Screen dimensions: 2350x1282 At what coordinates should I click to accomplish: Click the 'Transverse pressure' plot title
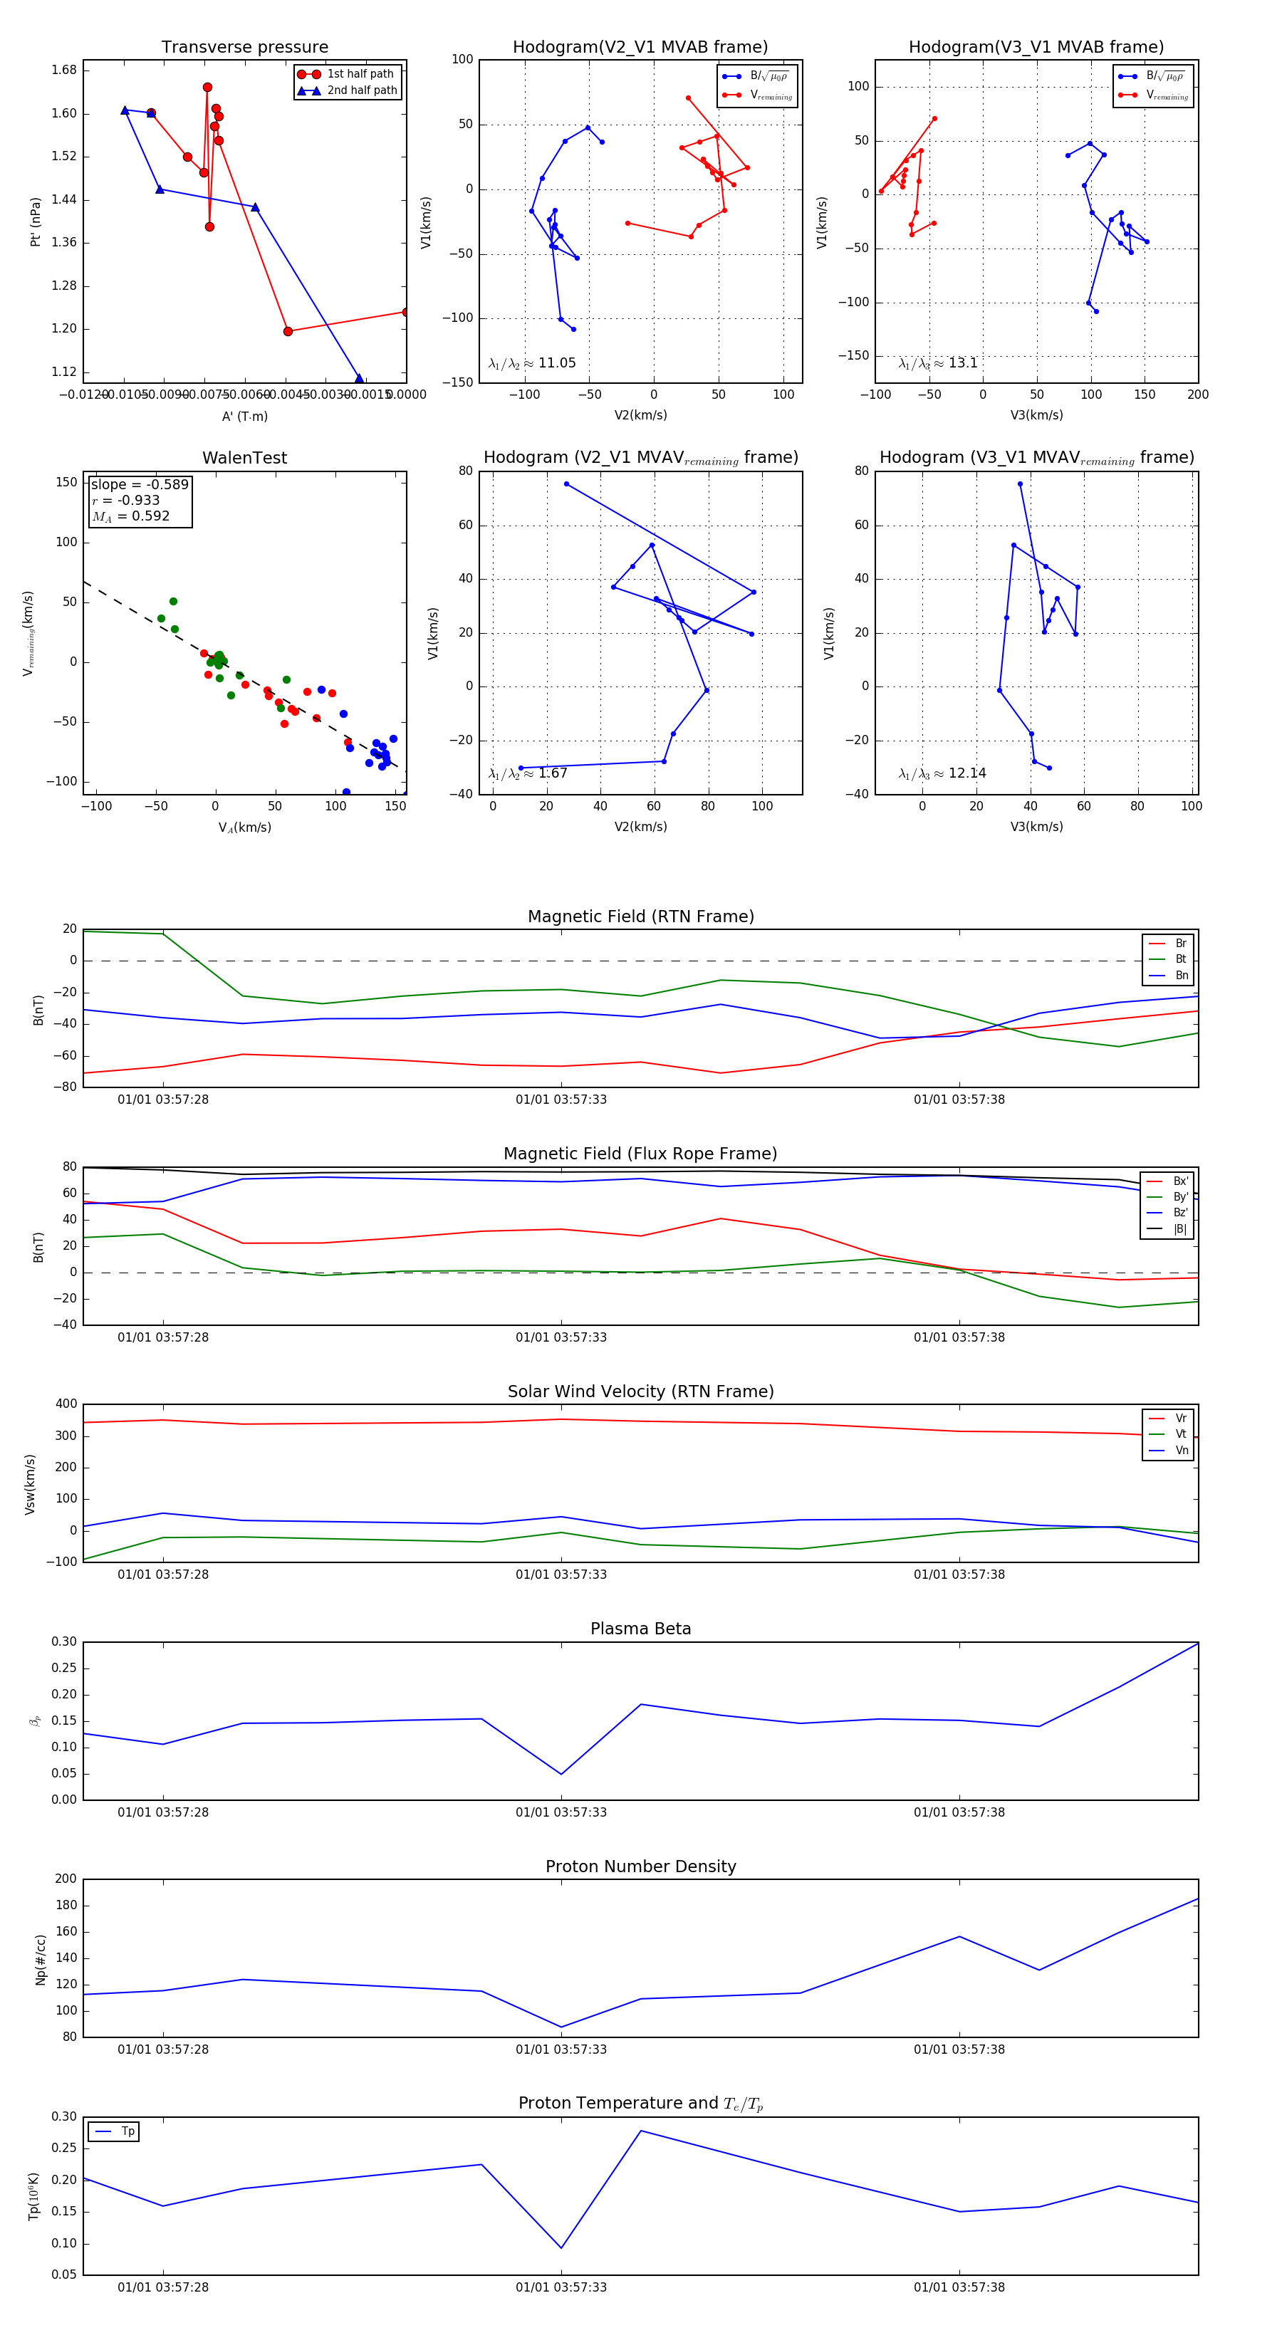pyautogui.click(x=244, y=48)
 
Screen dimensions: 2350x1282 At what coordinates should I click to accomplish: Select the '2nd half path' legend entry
pyautogui.click(x=361, y=90)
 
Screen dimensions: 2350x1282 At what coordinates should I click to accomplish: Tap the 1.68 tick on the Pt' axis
pyautogui.click(x=64, y=70)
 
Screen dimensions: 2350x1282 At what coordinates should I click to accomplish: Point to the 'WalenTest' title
pyautogui.click(x=244, y=458)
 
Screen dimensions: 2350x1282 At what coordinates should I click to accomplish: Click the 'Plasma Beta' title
pyautogui.click(x=640, y=1629)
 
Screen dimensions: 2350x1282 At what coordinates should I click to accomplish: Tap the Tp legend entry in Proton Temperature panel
pyautogui.click(x=127, y=2132)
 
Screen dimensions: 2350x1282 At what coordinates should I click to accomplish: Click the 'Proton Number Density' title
pyautogui.click(x=640, y=1866)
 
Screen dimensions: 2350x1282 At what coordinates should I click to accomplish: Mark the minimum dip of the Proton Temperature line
pyautogui.click(x=561, y=2248)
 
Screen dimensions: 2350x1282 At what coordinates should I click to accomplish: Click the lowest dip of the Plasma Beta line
pyautogui.click(x=561, y=1775)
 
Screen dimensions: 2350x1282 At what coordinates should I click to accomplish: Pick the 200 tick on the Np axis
pyautogui.click(x=66, y=1879)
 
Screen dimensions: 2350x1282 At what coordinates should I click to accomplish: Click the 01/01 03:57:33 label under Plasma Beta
pyautogui.click(x=561, y=1812)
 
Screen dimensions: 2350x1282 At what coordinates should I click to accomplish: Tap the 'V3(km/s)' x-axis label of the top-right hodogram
pyautogui.click(x=1036, y=415)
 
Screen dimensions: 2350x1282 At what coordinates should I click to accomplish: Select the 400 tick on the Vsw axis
pyautogui.click(x=66, y=1404)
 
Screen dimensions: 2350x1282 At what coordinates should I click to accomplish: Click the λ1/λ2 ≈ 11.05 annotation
pyautogui.click(x=532, y=363)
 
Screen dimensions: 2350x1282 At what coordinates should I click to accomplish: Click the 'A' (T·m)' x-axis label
pyautogui.click(x=244, y=417)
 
